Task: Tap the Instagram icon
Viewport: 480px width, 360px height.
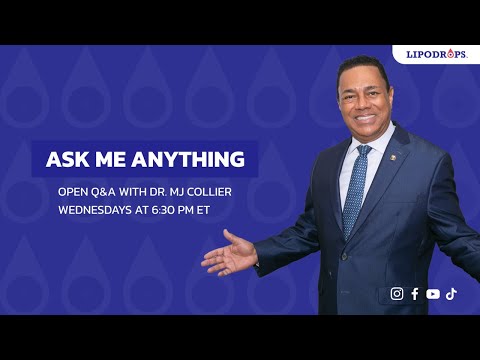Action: tap(397, 294)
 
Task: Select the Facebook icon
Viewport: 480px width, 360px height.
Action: tap(415, 294)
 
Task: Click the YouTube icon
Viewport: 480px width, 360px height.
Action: tap(433, 294)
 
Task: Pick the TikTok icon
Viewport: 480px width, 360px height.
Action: tap(451, 294)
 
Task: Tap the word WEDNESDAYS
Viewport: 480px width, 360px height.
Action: tap(94, 211)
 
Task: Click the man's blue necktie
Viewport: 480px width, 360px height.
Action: tap(354, 190)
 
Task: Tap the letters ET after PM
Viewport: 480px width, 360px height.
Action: tap(212, 211)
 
